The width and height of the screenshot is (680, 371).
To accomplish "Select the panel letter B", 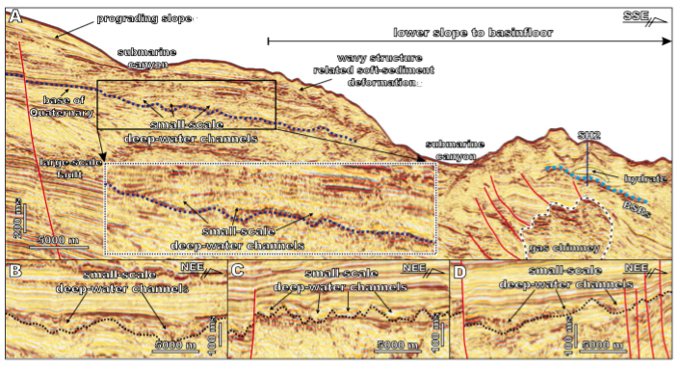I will tap(13, 271).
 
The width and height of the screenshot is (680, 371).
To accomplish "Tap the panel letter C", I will tap(239, 272).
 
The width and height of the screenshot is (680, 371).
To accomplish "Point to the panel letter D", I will tap(460, 273).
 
